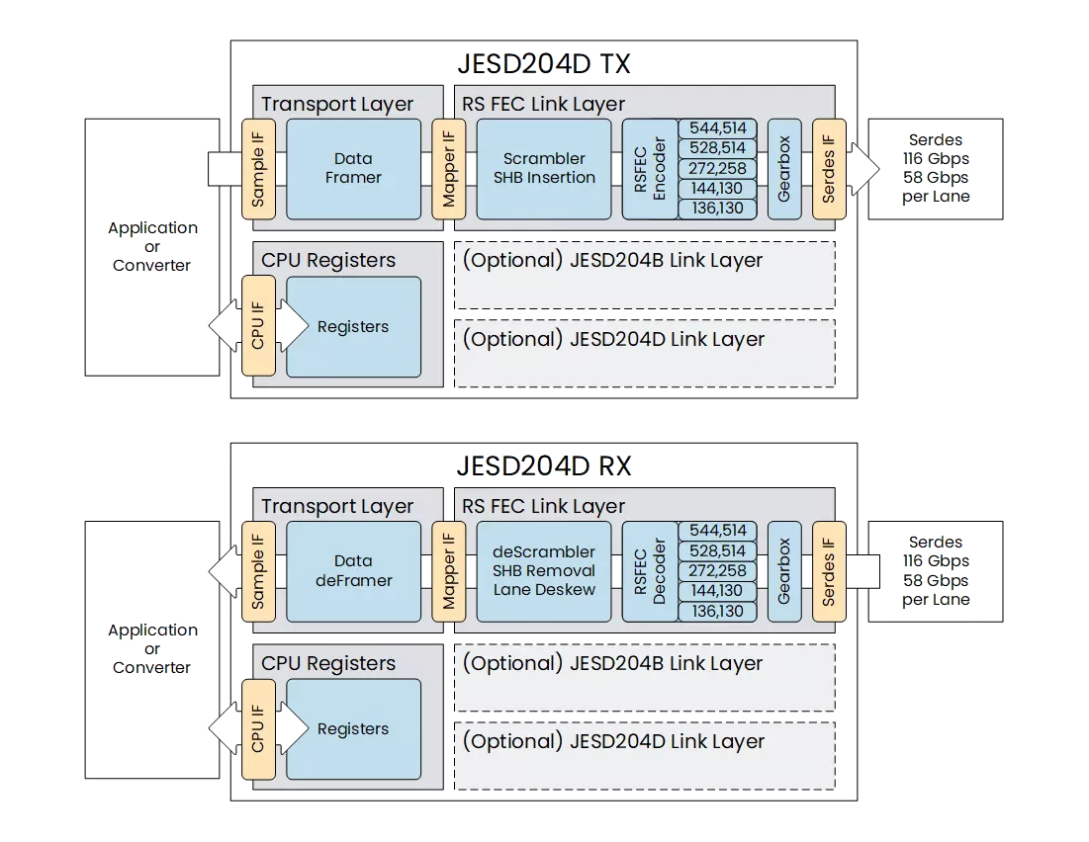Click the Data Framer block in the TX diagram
353,169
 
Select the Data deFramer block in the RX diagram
353,571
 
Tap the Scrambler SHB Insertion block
544,169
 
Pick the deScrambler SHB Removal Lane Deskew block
544,571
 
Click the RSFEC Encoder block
649,169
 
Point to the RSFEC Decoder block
649,571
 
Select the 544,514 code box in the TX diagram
717,128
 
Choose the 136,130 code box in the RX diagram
717,612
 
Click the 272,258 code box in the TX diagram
717,169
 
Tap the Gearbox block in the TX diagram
784,169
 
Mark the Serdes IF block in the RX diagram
829,571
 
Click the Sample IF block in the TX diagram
259,169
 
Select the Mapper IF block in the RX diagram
449,571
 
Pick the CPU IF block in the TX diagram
258,327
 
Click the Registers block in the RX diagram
353,729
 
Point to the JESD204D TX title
544,64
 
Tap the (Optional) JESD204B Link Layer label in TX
612,261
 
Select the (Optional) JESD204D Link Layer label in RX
612,741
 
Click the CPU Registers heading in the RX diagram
328,663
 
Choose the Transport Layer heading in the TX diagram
337,104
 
